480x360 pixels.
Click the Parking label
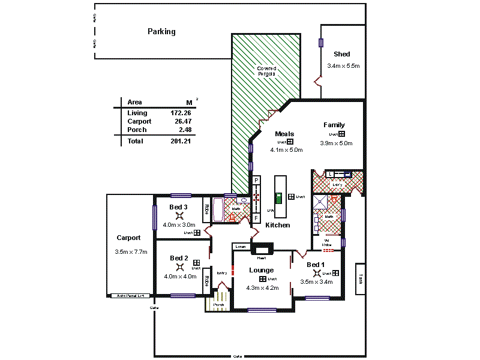click(161, 32)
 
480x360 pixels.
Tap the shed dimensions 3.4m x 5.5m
click(343, 66)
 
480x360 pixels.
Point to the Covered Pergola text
click(266, 71)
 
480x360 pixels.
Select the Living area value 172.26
click(181, 113)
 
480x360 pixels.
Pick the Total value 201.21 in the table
click(181, 141)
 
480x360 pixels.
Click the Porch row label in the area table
click(137, 130)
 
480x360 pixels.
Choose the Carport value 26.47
click(182, 121)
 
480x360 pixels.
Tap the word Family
click(334, 125)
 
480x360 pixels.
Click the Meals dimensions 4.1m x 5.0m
click(286, 150)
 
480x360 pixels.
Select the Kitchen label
click(278, 225)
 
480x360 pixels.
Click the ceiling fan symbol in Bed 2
click(179, 267)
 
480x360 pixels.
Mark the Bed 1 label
click(316, 265)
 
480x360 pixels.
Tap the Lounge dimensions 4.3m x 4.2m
click(262, 288)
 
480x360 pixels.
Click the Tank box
click(361, 279)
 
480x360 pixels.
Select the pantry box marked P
click(256, 180)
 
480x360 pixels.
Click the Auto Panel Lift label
click(130, 296)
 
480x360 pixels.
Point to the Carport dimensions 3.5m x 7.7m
click(131, 252)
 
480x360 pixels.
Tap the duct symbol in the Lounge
click(263, 279)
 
